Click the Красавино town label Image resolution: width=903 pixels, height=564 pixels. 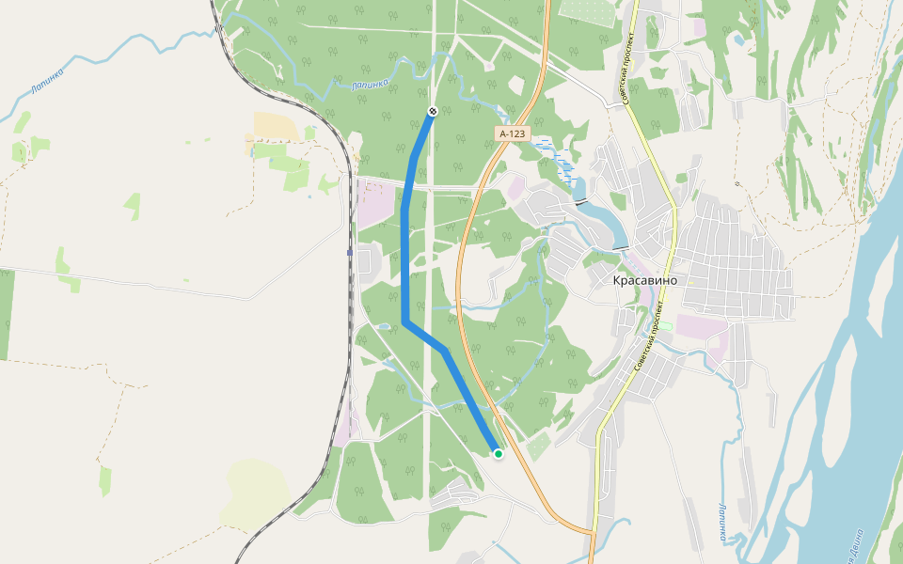tap(651, 280)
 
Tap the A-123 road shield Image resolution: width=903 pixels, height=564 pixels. tap(513, 134)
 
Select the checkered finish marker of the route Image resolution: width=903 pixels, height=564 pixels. tap(433, 112)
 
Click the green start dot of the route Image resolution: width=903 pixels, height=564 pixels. tap(499, 454)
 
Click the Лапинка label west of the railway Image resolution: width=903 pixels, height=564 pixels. tap(46, 81)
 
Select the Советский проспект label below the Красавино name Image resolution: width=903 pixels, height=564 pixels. tap(651, 337)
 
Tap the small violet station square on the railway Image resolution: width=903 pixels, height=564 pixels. tap(350, 252)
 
